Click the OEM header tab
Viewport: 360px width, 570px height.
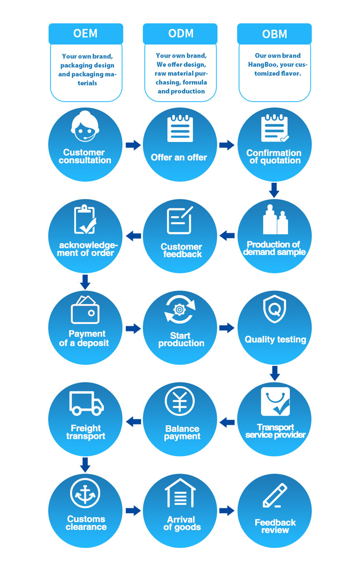[x=86, y=34]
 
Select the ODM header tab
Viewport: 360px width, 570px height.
[x=180, y=34]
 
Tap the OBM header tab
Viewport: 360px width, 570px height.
[x=275, y=34]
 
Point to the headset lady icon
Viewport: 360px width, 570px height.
[x=85, y=127]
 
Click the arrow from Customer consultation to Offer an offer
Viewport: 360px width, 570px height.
[x=133, y=145]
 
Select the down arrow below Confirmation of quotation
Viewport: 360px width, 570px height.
[x=274, y=190]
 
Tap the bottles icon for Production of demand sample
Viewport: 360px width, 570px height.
[x=275, y=220]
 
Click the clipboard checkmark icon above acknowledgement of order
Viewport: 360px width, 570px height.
[x=85, y=219]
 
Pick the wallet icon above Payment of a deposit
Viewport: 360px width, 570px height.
[x=85, y=309]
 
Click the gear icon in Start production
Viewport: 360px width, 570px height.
[x=180, y=309]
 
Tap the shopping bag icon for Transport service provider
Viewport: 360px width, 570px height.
[x=275, y=401]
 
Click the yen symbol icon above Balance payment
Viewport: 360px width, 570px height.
[x=180, y=401]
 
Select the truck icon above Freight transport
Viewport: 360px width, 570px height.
[x=86, y=404]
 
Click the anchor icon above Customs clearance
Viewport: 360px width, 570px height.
[x=85, y=493]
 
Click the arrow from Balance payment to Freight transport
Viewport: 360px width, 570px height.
[x=133, y=422]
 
